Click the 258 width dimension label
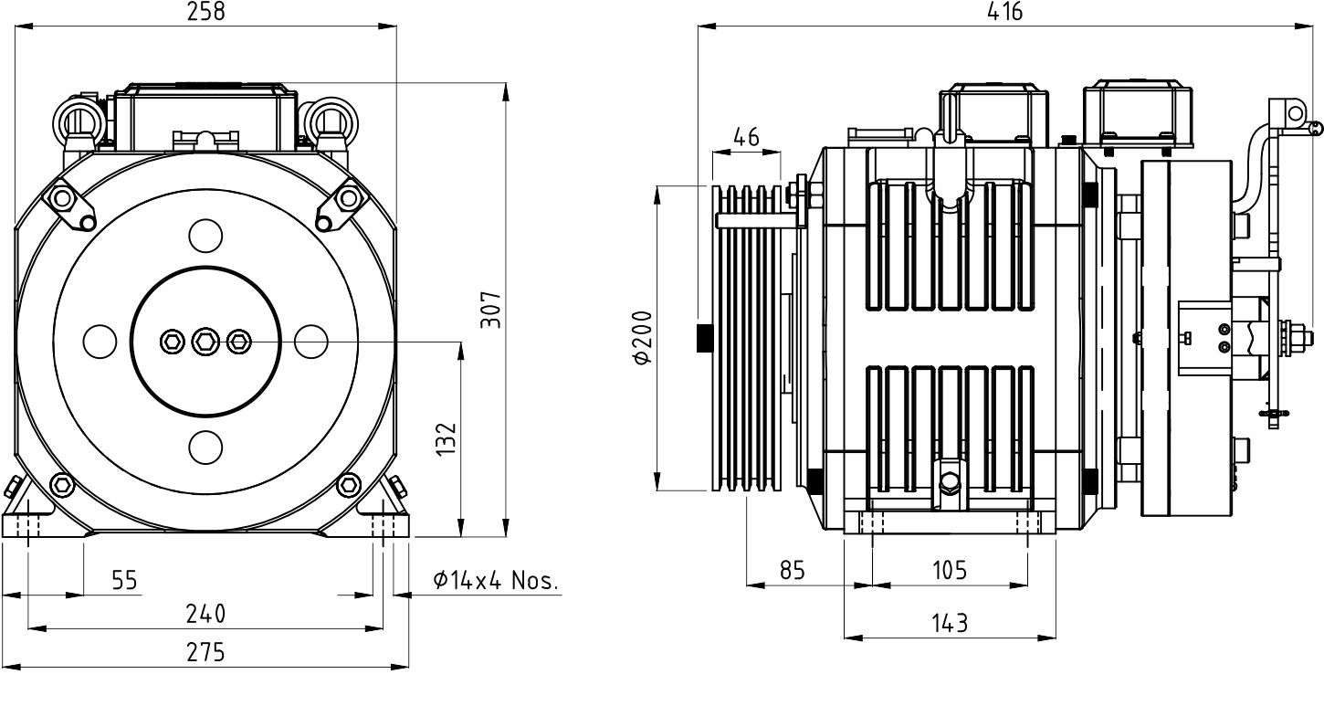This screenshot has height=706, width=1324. [205, 12]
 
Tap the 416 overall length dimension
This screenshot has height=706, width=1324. [1004, 12]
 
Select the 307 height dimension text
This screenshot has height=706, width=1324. [491, 310]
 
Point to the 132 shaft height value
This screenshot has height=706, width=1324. [447, 438]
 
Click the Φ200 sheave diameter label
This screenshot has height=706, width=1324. [642, 337]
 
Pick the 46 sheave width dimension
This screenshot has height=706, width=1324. [746, 137]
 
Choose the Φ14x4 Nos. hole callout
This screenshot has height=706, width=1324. [495, 580]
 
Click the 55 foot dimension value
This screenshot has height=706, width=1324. [125, 580]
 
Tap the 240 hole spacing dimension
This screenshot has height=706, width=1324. [205, 614]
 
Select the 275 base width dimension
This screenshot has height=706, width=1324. [205, 651]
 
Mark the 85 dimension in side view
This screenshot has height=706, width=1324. [792, 570]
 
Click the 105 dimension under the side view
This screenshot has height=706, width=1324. [950, 570]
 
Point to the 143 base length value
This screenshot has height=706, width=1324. [950, 623]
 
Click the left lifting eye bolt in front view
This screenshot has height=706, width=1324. [79, 125]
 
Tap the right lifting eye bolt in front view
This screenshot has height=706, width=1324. [330, 125]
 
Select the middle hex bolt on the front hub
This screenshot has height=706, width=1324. [205, 342]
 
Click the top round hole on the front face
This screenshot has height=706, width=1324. [205, 236]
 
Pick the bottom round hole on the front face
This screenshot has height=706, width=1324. [205, 447]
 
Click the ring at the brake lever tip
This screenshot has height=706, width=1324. [1295, 113]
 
